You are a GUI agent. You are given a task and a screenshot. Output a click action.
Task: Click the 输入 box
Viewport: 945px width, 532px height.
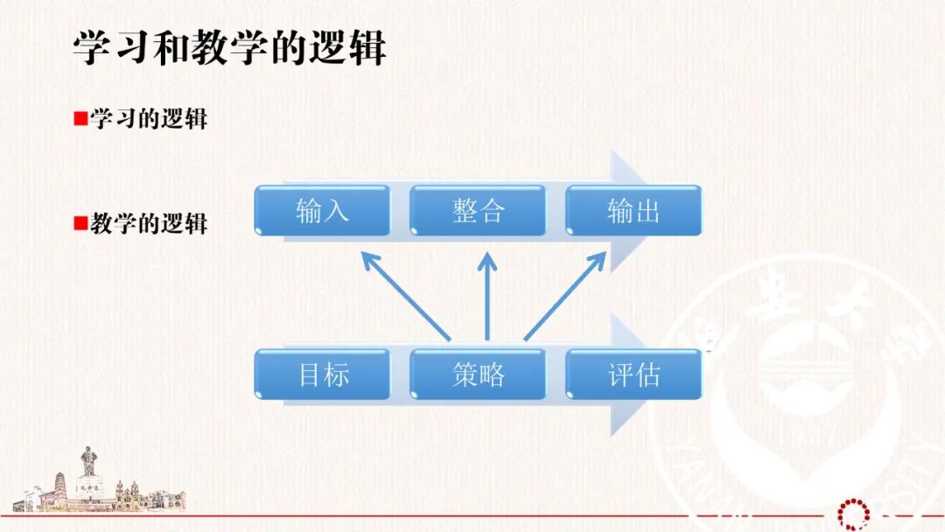(322, 210)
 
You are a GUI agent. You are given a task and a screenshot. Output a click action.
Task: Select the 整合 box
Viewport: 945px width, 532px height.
(478, 210)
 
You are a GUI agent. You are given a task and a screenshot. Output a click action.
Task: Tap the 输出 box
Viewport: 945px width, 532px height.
(633, 210)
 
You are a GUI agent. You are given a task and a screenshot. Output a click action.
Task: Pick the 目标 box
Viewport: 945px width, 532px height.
(322, 374)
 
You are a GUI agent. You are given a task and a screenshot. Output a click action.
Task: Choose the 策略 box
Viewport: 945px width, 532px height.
(478, 374)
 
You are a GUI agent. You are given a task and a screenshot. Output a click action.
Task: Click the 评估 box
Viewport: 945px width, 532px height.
(633, 374)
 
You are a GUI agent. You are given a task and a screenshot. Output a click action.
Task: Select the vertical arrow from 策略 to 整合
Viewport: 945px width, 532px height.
(487, 297)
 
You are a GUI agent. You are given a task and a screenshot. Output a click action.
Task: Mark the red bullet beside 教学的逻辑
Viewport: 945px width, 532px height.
(80, 223)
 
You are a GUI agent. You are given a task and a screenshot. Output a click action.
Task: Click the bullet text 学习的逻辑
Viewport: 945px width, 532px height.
(149, 119)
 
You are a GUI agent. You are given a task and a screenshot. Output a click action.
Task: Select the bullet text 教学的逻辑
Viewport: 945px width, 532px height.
(149, 223)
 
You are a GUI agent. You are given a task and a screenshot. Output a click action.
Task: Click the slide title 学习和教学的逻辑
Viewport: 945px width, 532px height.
(229, 49)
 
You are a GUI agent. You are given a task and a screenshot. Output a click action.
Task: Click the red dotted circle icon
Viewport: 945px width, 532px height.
(851, 514)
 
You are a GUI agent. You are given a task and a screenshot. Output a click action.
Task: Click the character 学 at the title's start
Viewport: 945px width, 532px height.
(90, 49)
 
